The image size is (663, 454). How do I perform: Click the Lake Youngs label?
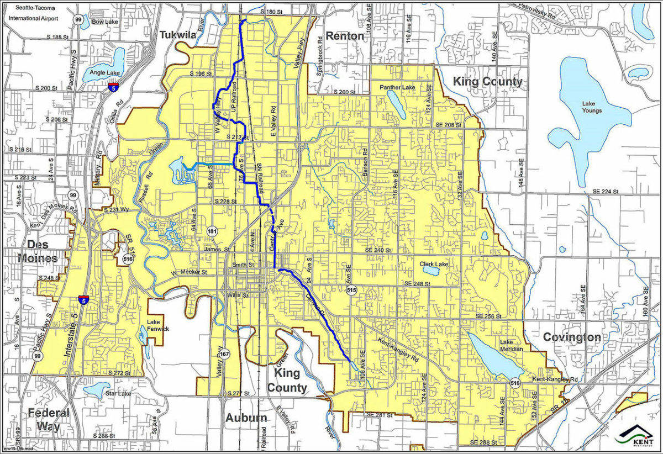pos(591,107)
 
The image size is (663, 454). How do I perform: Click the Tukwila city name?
pos(178,35)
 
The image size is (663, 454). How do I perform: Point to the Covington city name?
pos(571,337)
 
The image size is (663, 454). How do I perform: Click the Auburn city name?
pos(246,418)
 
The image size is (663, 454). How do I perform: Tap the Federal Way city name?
pos(49,419)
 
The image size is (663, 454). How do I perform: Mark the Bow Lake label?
pos(102,22)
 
